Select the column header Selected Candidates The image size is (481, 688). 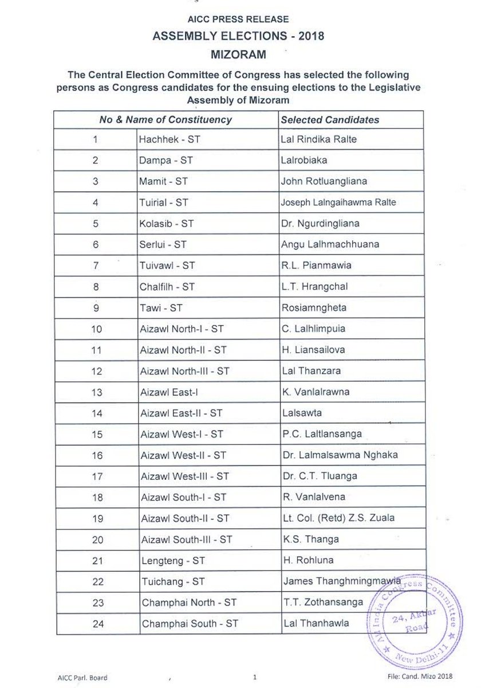coord(330,120)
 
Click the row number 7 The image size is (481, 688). coord(96,265)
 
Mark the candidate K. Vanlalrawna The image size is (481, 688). coord(316,392)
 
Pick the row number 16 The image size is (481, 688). coord(96,455)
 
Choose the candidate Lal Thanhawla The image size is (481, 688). coord(314,623)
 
